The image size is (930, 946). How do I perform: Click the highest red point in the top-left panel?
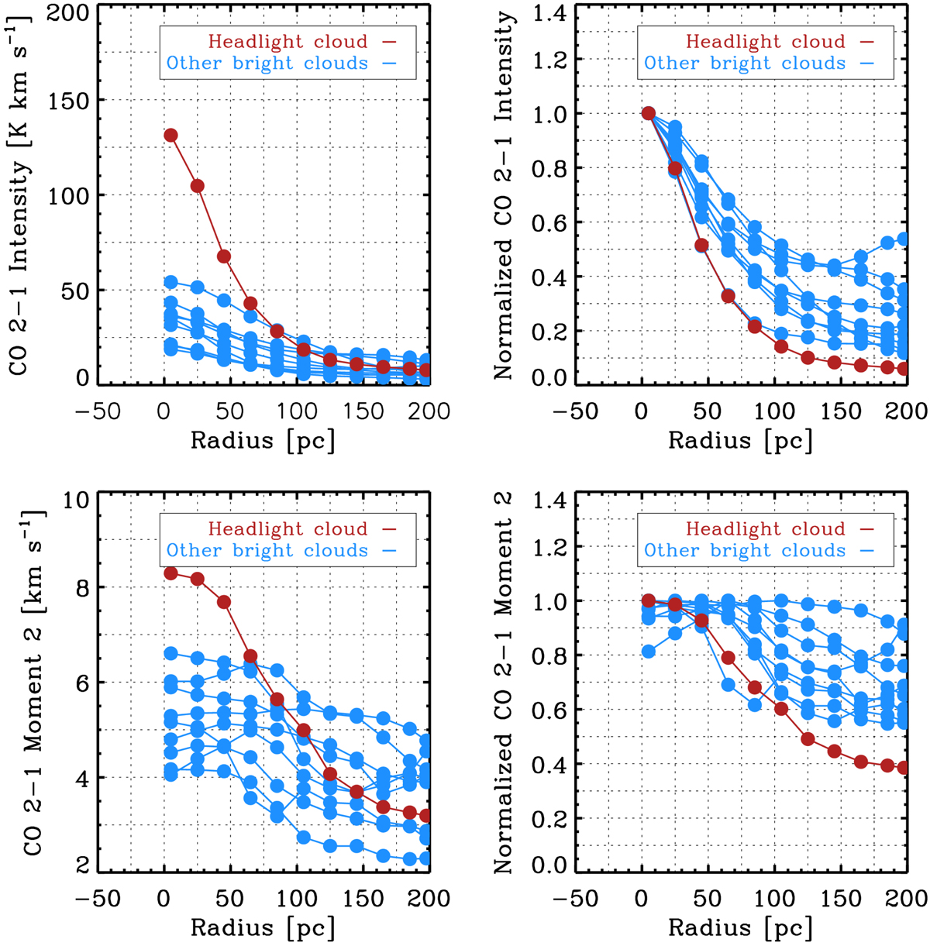coord(170,136)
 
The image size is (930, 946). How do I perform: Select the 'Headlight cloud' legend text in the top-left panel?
coord(288,41)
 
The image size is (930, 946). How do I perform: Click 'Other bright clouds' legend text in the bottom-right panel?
coord(745,550)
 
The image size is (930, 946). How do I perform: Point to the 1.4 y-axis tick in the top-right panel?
coord(553,13)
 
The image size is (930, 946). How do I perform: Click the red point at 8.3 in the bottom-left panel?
coord(170,573)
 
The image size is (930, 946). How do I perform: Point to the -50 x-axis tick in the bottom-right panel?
coord(575,899)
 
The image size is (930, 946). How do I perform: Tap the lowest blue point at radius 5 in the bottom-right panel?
coord(649,652)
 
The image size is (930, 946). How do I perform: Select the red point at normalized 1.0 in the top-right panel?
coord(649,114)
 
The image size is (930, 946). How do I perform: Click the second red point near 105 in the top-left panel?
coord(197,186)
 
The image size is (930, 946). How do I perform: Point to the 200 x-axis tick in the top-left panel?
coord(429,411)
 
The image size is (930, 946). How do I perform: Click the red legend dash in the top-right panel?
coord(866,41)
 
